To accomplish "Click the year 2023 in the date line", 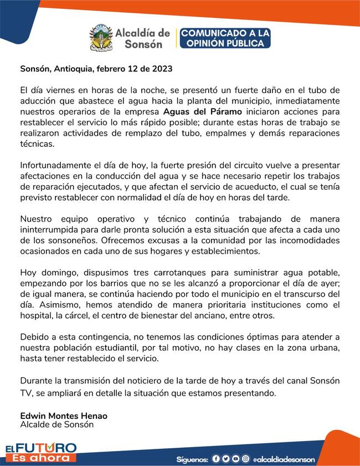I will [161, 70].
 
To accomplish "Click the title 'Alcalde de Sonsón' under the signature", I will [57, 425].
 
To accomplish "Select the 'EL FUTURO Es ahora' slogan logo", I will [40, 452].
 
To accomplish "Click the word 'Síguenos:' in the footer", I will [192, 459].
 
